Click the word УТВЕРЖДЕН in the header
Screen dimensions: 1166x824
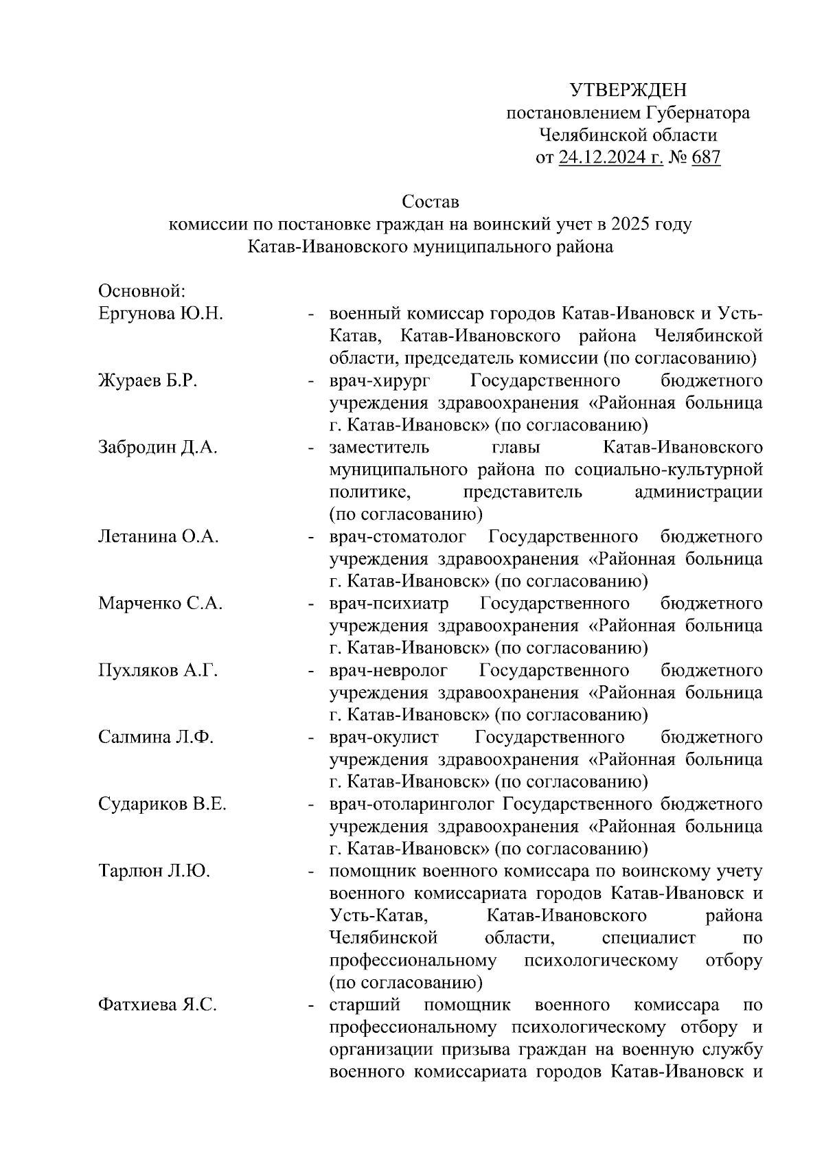[x=628, y=90]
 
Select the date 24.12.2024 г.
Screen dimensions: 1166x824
[x=610, y=158]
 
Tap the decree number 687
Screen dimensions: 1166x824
[x=706, y=158]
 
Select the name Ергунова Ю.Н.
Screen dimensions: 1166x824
[x=161, y=314]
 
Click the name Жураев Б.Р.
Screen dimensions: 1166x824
[x=148, y=380]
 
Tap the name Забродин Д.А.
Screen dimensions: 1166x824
[x=157, y=448]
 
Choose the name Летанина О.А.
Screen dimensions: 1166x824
[x=159, y=536]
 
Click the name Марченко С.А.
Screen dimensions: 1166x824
[x=160, y=604]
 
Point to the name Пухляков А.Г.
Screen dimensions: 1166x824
[x=158, y=670]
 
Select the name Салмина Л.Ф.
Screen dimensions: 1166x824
[x=156, y=738]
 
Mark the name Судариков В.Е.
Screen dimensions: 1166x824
[x=162, y=804]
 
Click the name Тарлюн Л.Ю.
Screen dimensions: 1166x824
[x=154, y=871]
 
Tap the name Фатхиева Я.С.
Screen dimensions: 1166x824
[x=157, y=1005]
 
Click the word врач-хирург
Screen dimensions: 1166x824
[x=374, y=380]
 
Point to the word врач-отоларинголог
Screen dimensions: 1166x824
[x=411, y=804]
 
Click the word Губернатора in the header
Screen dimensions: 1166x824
[x=699, y=113]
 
